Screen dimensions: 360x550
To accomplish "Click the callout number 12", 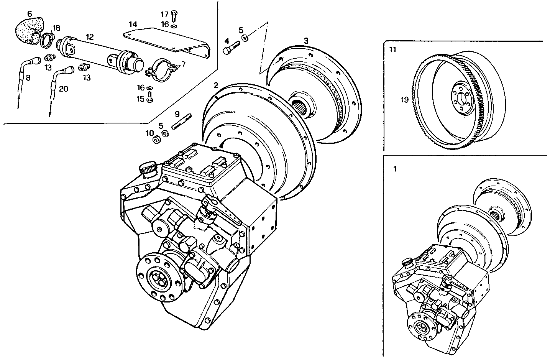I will point(90,37).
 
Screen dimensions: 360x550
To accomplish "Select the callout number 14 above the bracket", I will point(133,24).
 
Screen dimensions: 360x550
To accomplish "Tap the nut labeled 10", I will point(156,140).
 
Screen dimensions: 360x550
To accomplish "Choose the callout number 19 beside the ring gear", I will point(404,100).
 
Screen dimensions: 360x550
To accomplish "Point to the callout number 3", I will point(306,40).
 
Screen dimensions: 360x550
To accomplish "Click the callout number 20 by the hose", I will point(64,89).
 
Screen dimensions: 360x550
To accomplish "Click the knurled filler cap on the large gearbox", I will point(147,168).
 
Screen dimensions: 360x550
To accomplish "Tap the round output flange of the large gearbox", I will point(157,277).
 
